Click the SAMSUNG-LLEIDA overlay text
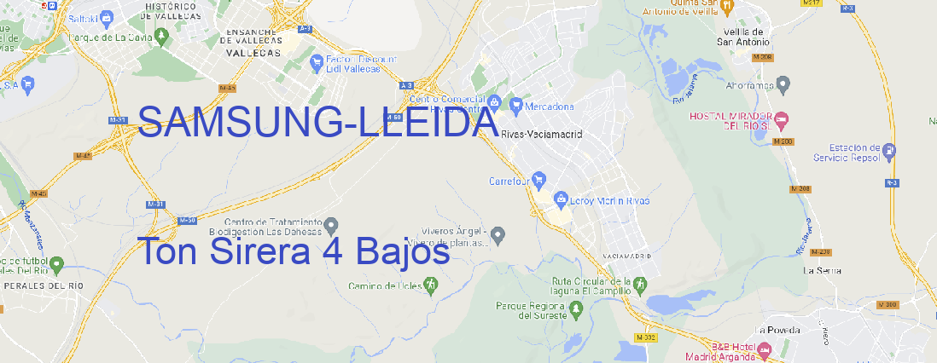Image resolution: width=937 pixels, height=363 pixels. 317,124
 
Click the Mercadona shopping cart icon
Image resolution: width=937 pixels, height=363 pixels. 515,106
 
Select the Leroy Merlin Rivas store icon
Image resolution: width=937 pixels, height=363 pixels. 561,200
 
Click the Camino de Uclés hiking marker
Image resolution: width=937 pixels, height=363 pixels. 431,284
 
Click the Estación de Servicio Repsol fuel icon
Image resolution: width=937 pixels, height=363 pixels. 890,153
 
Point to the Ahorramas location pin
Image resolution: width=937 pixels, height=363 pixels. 783,84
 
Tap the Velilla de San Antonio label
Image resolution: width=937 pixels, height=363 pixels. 741,37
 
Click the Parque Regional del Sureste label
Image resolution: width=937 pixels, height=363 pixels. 531,310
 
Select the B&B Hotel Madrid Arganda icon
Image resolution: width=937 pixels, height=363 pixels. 765,350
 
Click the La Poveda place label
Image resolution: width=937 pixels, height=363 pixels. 777,329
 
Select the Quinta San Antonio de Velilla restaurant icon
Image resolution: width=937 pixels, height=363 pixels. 727,7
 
